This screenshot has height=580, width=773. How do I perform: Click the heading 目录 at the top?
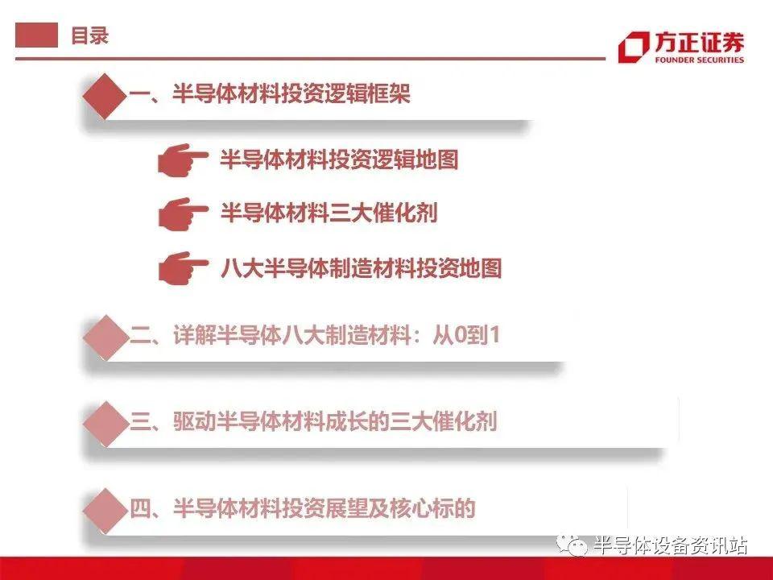click(x=89, y=35)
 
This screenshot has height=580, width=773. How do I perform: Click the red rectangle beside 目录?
click(x=36, y=35)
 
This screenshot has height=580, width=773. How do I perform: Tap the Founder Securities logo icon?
click(x=634, y=47)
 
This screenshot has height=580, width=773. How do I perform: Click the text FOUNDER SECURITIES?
click(x=699, y=60)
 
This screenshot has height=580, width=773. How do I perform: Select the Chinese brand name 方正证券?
click(x=699, y=42)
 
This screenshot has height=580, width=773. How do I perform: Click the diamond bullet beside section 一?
click(x=105, y=96)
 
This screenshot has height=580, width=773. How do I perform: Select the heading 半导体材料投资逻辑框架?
click(x=291, y=93)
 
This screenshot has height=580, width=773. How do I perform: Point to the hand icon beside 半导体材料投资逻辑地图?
click(x=183, y=159)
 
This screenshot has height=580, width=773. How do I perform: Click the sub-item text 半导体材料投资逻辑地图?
click(x=339, y=159)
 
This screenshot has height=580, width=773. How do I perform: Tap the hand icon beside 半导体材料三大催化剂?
click(x=183, y=213)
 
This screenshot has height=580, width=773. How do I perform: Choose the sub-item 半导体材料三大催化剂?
click(x=329, y=213)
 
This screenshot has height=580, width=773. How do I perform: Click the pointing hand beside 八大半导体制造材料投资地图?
click(x=183, y=267)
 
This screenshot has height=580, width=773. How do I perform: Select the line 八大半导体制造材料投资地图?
click(x=361, y=267)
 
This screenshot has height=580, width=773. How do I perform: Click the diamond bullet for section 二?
click(x=105, y=337)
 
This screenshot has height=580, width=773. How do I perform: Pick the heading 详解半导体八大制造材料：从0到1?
click(x=337, y=335)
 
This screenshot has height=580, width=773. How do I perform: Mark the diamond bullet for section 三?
click(x=105, y=424)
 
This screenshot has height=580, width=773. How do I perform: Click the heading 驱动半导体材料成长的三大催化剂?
click(x=335, y=421)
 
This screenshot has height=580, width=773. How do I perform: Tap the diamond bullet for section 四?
click(x=105, y=511)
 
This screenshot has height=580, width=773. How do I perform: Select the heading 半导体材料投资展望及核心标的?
click(x=324, y=508)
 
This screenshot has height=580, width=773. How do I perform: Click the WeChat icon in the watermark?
click(x=572, y=545)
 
